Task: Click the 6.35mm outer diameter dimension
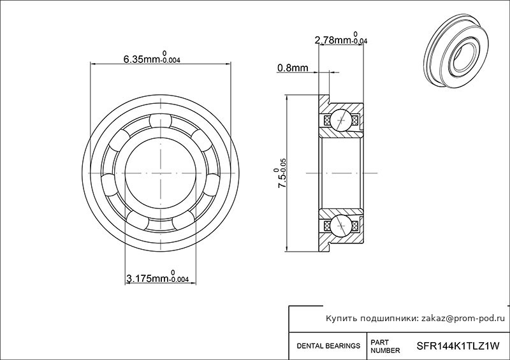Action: (x=152, y=59)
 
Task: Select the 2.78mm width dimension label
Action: (x=341, y=39)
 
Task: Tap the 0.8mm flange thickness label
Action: (x=293, y=68)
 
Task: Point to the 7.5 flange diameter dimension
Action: (x=280, y=173)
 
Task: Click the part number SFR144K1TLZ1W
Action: (x=458, y=347)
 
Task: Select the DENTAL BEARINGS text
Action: (x=328, y=346)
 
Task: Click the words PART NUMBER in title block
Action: (x=386, y=347)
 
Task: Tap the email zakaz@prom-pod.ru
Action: (x=463, y=319)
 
